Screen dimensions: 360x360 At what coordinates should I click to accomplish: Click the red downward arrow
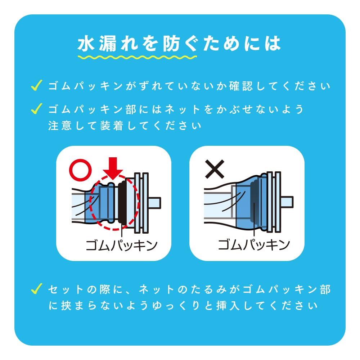click(x=113, y=168)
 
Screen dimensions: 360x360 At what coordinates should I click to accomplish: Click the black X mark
click(x=215, y=169)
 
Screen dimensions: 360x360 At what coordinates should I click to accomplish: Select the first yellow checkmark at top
click(x=36, y=85)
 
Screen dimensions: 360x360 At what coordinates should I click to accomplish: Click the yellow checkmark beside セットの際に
click(x=36, y=289)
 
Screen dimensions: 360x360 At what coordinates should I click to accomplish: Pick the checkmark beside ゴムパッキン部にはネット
click(x=36, y=109)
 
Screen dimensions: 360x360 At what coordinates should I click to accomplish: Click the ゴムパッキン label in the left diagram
click(x=121, y=245)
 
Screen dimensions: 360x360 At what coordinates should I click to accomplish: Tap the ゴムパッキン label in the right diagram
click(x=254, y=244)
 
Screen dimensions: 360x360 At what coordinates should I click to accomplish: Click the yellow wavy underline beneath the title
click(x=137, y=57)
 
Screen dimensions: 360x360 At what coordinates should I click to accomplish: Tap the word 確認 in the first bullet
click(x=241, y=86)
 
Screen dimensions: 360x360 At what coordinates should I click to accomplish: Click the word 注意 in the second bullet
click(x=60, y=126)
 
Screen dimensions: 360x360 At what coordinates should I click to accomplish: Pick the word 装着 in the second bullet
click(x=112, y=126)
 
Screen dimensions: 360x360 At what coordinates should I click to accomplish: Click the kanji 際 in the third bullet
click(x=105, y=289)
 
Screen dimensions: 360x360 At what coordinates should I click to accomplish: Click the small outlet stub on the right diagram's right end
click(x=287, y=202)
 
